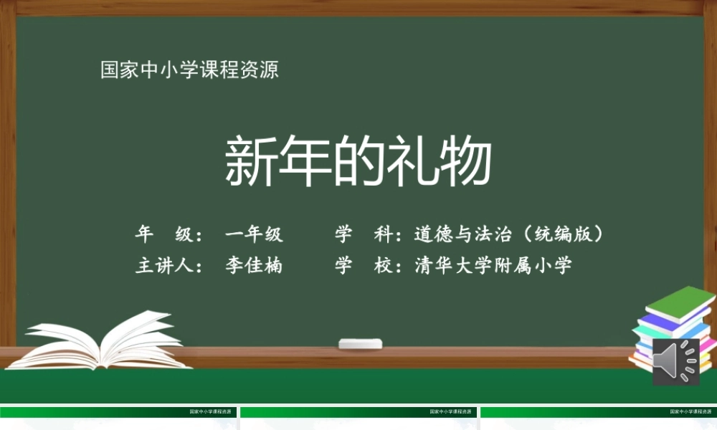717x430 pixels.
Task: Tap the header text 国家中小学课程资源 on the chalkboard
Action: pyautogui.click(x=189, y=70)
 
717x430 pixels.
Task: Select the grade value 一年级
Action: pyautogui.click(x=253, y=234)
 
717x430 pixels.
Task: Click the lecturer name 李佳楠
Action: pyautogui.click(x=253, y=266)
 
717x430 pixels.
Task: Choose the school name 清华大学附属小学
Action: pyautogui.click(x=493, y=266)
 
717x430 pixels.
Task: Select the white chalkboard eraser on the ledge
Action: pyautogui.click(x=361, y=344)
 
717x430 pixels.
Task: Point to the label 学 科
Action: pyautogui.click(x=362, y=234)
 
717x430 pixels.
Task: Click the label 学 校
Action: pyautogui.click(x=362, y=266)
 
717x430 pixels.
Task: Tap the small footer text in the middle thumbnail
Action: pyautogui.click(x=452, y=412)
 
